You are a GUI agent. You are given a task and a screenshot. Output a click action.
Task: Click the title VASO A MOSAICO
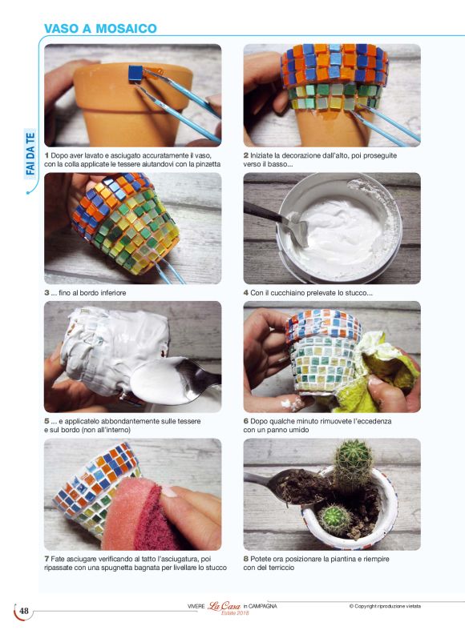click(100, 29)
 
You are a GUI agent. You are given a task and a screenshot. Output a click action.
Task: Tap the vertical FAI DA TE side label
click(30, 154)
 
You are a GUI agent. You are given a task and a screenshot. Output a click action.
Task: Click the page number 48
click(24, 611)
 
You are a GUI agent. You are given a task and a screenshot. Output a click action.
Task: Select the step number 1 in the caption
click(46, 155)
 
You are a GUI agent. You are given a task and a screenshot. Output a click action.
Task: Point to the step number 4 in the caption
click(246, 293)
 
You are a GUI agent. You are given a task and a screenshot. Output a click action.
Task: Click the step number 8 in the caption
click(246, 559)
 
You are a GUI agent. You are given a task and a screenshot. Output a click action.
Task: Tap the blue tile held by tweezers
click(135, 74)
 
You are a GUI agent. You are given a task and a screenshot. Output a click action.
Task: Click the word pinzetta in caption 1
click(207, 164)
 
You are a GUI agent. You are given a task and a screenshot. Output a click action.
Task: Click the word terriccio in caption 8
click(281, 568)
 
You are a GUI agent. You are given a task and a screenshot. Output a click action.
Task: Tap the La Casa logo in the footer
click(224, 607)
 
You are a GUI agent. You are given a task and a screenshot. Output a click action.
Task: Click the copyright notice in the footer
click(385, 606)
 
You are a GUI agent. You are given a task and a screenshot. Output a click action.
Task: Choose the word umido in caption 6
click(299, 430)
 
